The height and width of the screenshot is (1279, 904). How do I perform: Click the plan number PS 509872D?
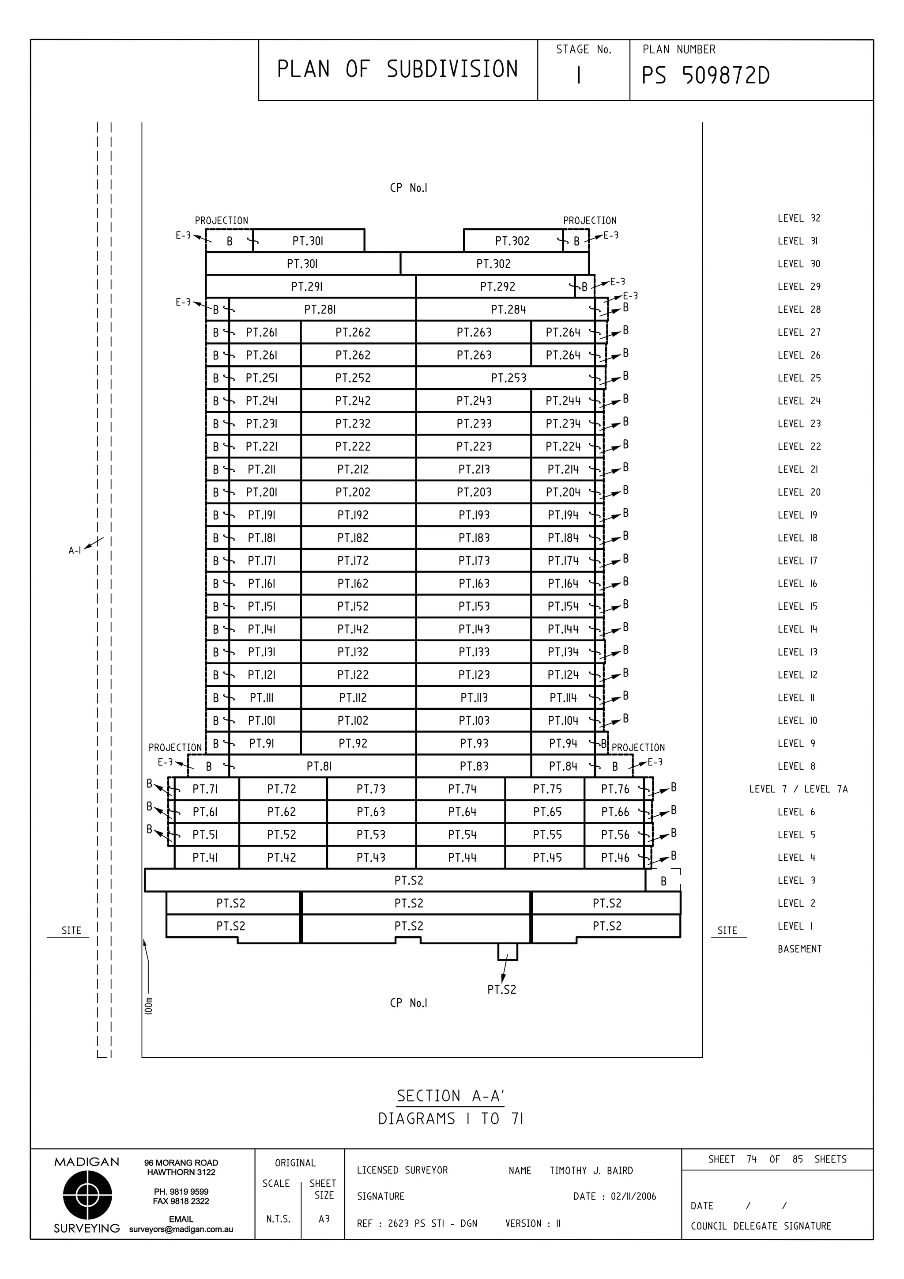705,76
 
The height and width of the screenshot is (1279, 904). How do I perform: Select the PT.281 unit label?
320,310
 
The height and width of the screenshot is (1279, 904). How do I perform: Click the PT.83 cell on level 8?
474,767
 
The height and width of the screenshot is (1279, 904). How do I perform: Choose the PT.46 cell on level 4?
614,858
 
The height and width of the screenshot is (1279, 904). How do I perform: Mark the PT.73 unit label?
371,789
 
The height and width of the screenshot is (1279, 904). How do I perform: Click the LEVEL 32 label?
799,218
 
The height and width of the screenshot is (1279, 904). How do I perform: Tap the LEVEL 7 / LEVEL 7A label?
798,789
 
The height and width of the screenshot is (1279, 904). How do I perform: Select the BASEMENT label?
799,949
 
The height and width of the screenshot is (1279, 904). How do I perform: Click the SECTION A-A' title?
450,1096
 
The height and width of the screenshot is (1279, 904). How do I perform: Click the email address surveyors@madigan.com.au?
181,1230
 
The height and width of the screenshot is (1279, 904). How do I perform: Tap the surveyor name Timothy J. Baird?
591,1171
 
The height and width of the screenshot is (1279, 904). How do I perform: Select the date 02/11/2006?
633,1196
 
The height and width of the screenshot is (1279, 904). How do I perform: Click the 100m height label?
148,1006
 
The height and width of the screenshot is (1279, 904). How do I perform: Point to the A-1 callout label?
75,551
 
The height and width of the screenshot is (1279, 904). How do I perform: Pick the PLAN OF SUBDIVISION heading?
397,70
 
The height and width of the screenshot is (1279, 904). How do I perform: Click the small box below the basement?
507,952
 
